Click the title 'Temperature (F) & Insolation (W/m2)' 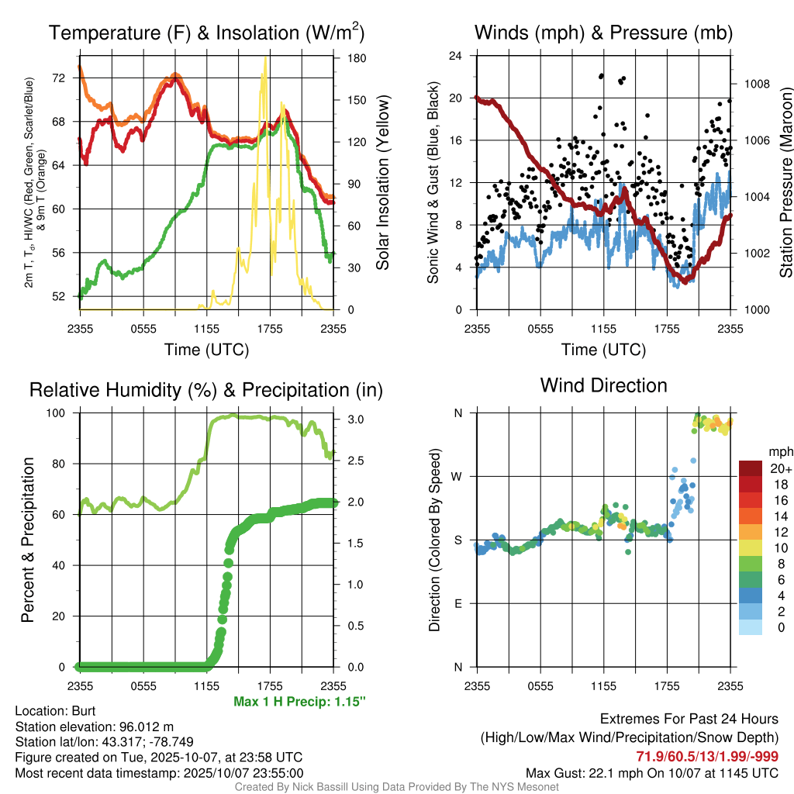(206, 33)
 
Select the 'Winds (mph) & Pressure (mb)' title (603, 33)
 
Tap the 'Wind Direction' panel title (603, 385)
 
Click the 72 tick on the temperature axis (59, 78)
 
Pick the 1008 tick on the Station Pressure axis (756, 84)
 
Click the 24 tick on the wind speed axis (456, 56)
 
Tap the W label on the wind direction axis (458, 476)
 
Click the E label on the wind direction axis (458, 603)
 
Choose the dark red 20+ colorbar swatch (752, 468)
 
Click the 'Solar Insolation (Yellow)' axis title (382, 183)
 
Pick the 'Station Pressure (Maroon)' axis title (785, 183)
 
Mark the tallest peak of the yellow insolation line (265, 57)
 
